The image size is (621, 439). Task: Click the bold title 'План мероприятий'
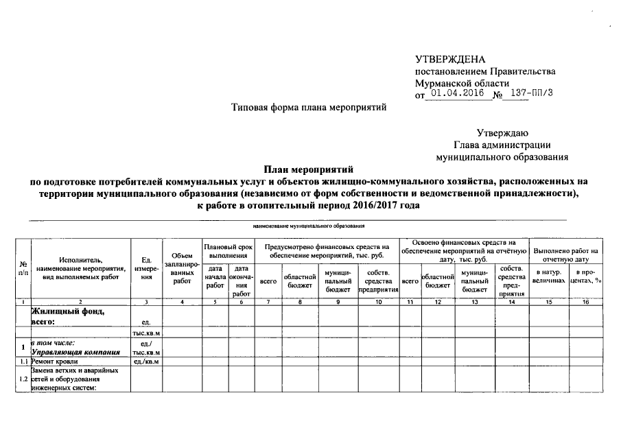point(307,169)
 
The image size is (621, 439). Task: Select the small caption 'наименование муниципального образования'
point(308,225)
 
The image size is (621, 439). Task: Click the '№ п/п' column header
point(23,268)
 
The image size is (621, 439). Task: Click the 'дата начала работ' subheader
point(215,276)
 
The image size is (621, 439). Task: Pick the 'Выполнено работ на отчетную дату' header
point(565,255)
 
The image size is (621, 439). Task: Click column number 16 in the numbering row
point(585,302)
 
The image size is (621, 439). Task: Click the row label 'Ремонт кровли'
point(59,361)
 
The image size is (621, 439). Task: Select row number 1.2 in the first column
point(23,379)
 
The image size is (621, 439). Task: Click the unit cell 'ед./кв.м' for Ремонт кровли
point(145,361)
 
